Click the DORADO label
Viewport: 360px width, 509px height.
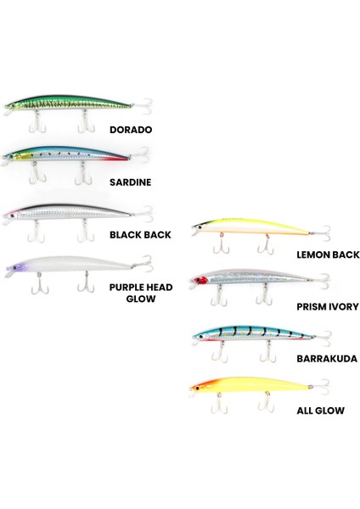coord(131,130)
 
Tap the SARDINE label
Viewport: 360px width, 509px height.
coord(130,182)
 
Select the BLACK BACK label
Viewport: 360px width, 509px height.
coord(140,235)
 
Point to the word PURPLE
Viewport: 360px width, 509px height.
coord(126,288)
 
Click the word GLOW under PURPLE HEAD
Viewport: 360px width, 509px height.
coord(141,299)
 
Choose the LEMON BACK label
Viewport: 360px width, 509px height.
coord(328,255)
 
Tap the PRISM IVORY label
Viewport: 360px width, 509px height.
coord(328,307)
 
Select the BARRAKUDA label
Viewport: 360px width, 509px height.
coord(327,359)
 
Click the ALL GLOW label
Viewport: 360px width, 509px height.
coord(320,411)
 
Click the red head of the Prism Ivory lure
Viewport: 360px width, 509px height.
coord(200,280)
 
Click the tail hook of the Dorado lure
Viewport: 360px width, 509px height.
coord(143,106)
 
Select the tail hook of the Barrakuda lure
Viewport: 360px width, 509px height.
coord(323,338)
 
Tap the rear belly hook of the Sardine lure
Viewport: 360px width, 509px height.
coord(83,174)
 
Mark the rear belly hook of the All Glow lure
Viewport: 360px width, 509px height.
coord(267,402)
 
